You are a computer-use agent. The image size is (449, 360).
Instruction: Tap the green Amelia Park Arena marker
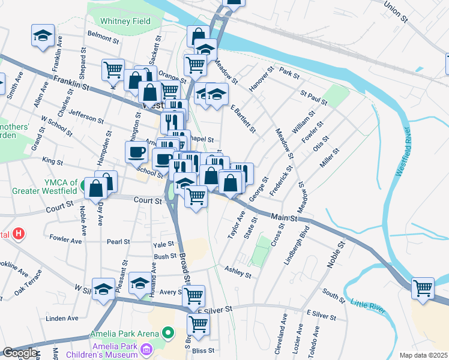(168, 332)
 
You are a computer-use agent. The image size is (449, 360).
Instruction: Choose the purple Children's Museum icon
(146, 349)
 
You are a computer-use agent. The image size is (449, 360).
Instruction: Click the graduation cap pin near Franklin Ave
(43, 35)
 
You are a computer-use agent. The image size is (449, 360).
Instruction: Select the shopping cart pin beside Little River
(423, 289)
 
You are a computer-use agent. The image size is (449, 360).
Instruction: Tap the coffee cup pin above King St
(137, 152)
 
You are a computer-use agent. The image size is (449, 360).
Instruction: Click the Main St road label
(284, 218)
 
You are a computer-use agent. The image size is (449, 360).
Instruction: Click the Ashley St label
(237, 272)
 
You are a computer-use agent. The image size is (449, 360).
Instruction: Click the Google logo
(20, 353)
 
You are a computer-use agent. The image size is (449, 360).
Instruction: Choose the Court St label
(148, 201)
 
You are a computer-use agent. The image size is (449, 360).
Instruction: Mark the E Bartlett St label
(243, 118)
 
